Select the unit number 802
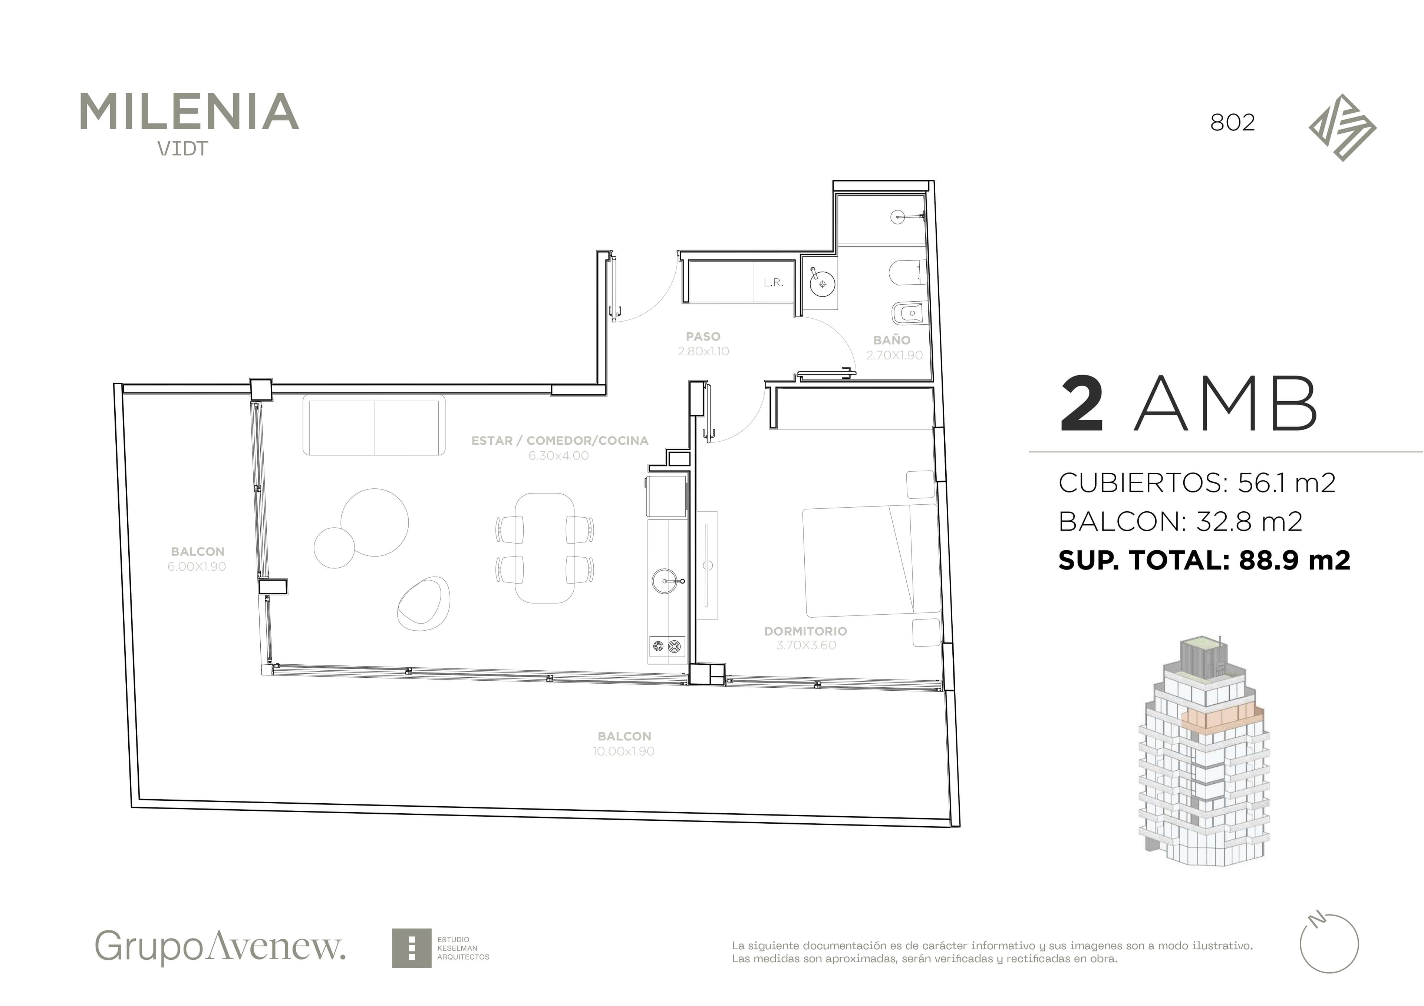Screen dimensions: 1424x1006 click(x=1232, y=123)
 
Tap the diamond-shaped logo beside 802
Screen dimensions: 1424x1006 click(x=1343, y=128)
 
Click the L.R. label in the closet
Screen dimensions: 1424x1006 click(x=774, y=283)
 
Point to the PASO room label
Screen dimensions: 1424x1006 click(x=703, y=336)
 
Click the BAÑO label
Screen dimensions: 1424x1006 click(x=892, y=340)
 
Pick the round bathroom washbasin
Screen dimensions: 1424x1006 click(x=823, y=284)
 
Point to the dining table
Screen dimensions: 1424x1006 click(x=544, y=548)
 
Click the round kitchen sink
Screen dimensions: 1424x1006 click(x=666, y=581)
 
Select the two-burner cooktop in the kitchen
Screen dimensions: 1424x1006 click(x=667, y=647)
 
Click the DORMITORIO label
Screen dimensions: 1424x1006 click(x=806, y=631)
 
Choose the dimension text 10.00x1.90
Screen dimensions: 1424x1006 click(x=624, y=751)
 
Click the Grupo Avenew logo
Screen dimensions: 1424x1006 click(x=220, y=946)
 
